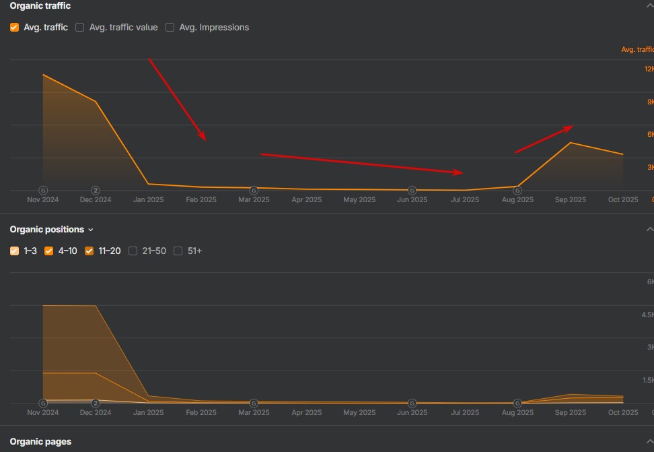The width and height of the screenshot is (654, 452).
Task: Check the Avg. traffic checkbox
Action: (x=14, y=28)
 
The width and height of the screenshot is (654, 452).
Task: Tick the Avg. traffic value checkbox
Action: (x=80, y=28)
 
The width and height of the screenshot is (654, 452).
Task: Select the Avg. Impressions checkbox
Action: (x=170, y=28)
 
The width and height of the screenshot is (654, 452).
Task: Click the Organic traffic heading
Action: (x=40, y=6)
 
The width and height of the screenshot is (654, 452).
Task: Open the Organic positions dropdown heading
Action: (x=51, y=230)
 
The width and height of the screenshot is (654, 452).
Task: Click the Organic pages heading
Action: (x=40, y=442)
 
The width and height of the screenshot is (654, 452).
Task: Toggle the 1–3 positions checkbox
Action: (x=14, y=251)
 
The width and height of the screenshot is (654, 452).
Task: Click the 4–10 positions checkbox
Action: (x=48, y=251)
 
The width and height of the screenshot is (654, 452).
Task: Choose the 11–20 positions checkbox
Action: (x=89, y=251)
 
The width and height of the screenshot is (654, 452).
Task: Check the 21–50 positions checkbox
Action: (x=133, y=251)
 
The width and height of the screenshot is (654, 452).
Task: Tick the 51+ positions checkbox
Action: (x=178, y=251)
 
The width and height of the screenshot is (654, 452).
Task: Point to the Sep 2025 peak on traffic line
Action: (x=571, y=143)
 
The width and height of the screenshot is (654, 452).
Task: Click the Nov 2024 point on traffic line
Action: (x=43, y=74)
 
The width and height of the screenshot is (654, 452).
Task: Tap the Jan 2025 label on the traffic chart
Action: (x=148, y=200)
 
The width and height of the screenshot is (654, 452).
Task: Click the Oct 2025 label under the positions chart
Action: (x=623, y=412)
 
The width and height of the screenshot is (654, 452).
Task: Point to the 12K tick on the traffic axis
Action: (x=649, y=69)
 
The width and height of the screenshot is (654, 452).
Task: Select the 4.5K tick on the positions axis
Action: (x=647, y=315)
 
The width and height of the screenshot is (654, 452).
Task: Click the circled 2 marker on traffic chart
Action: (x=96, y=190)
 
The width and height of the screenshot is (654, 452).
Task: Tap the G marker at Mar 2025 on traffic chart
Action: (x=254, y=190)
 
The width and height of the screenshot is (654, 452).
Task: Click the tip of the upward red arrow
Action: (x=572, y=127)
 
